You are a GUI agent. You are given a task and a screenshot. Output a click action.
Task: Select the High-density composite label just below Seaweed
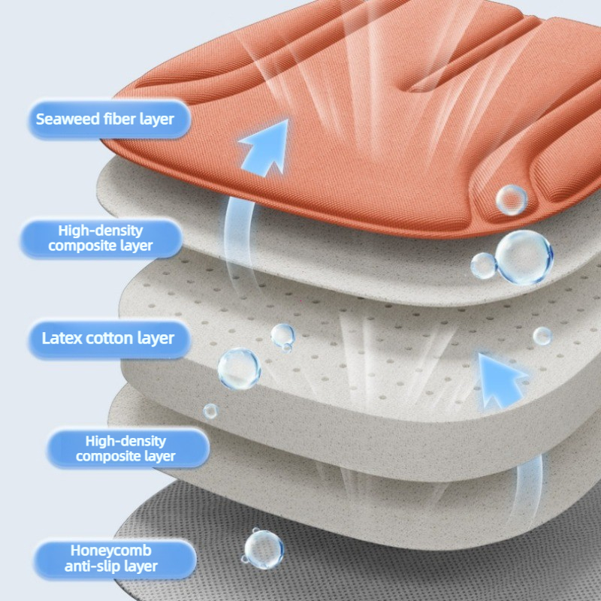[101, 237]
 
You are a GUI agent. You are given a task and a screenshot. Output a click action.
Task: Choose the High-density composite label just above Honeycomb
[125, 448]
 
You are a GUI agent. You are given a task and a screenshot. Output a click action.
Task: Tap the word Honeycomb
[110, 551]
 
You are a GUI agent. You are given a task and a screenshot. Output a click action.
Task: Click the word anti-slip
[92, 566]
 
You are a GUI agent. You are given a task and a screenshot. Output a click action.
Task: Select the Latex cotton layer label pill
[109, 340]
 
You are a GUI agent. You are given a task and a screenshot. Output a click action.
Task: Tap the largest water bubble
[524, 257]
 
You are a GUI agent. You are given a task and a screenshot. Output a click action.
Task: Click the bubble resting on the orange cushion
[512, 200]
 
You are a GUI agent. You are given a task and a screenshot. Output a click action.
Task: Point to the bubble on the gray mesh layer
[264, 549]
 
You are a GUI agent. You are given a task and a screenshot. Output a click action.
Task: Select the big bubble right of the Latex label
[239, 369]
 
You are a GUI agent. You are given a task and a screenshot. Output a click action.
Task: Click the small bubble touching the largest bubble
[484, 266]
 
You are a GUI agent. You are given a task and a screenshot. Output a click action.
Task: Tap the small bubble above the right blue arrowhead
[542, 336]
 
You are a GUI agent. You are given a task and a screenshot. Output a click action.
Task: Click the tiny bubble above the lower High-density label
[210, 411]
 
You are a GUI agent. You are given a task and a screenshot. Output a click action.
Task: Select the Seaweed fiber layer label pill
[109, 119]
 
